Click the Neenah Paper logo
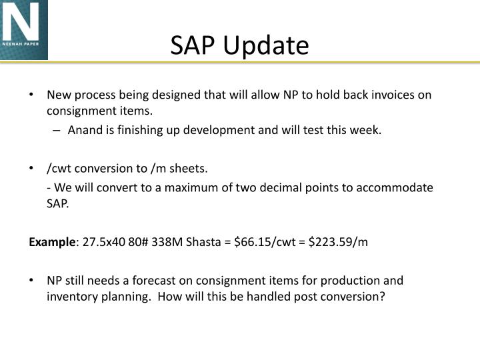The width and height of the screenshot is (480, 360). coord(24,30)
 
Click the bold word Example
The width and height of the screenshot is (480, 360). coord(52,242)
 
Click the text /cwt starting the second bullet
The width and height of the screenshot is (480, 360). coord(58,169)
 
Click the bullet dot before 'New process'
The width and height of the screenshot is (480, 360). coord(32,95)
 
